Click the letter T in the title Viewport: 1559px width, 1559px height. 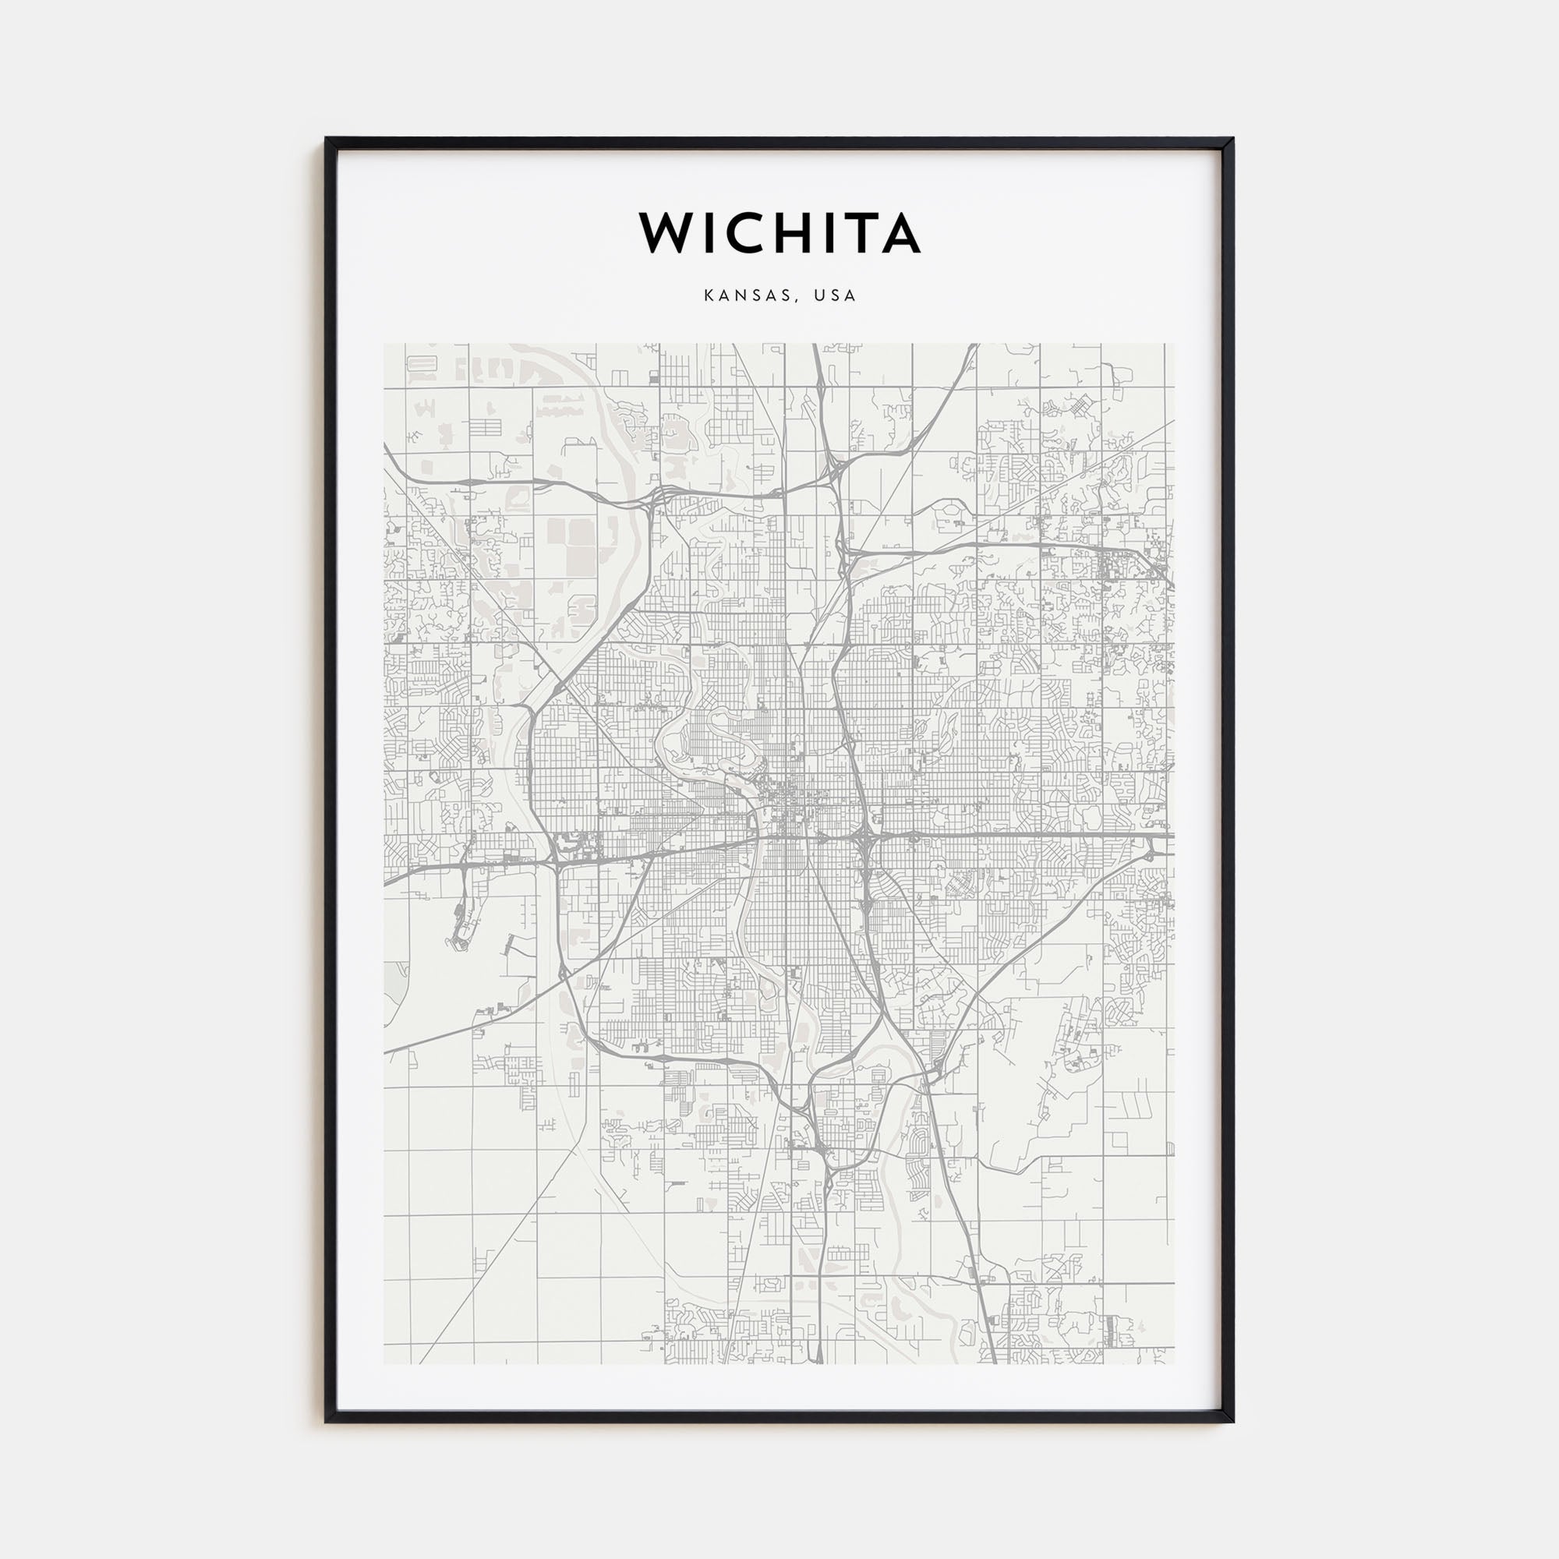coord(858,233)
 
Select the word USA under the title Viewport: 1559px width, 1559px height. coord(835,296)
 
